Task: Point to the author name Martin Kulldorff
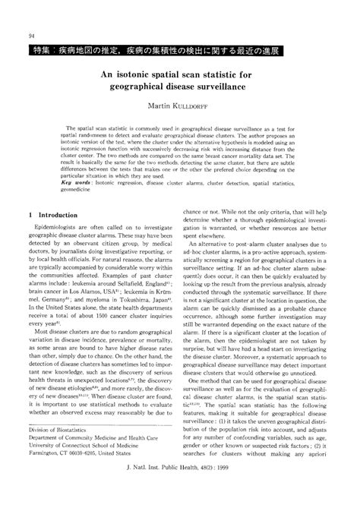(x=180, y=111)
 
